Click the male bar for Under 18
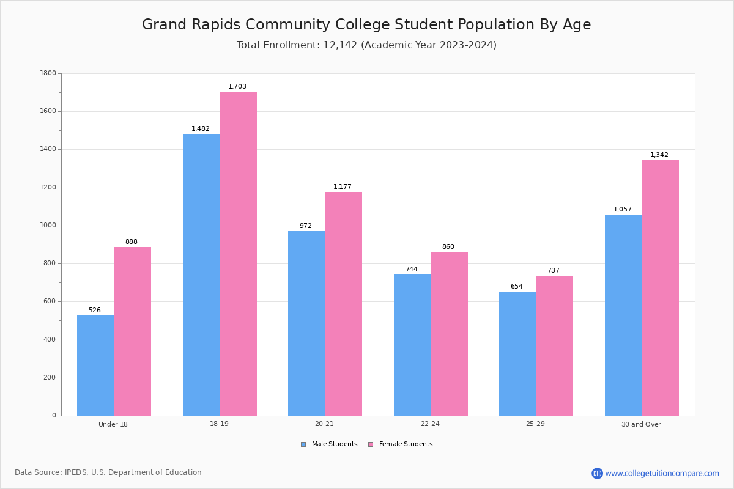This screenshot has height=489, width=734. (95, 366)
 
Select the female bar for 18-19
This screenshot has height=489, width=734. (238, 254)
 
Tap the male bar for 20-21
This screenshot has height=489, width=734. (306, 323)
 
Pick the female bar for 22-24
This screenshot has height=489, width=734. (449, 334)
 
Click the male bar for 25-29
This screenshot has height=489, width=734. (517, 353)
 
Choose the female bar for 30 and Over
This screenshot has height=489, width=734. (660, 288)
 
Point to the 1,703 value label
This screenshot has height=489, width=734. (237, 87)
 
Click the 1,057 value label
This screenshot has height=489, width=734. (623, 210)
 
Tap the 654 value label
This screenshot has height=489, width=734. (517, 287)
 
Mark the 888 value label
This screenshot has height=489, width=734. (132, 242)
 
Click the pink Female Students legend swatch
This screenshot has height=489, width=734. (371, 444)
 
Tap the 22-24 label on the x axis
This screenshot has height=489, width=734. (430, 424)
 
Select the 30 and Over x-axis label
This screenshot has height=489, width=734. (641, 424)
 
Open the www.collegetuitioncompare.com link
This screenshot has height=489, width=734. (662, 473)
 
